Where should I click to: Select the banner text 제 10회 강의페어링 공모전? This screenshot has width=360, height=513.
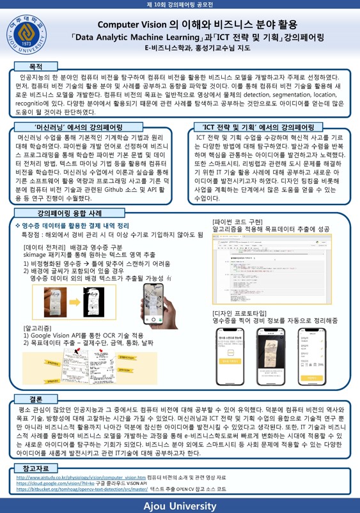pyautogui.click(x=180, y=5)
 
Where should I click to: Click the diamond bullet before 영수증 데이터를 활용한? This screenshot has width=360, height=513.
pyautogui.click(x=18, y=226)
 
